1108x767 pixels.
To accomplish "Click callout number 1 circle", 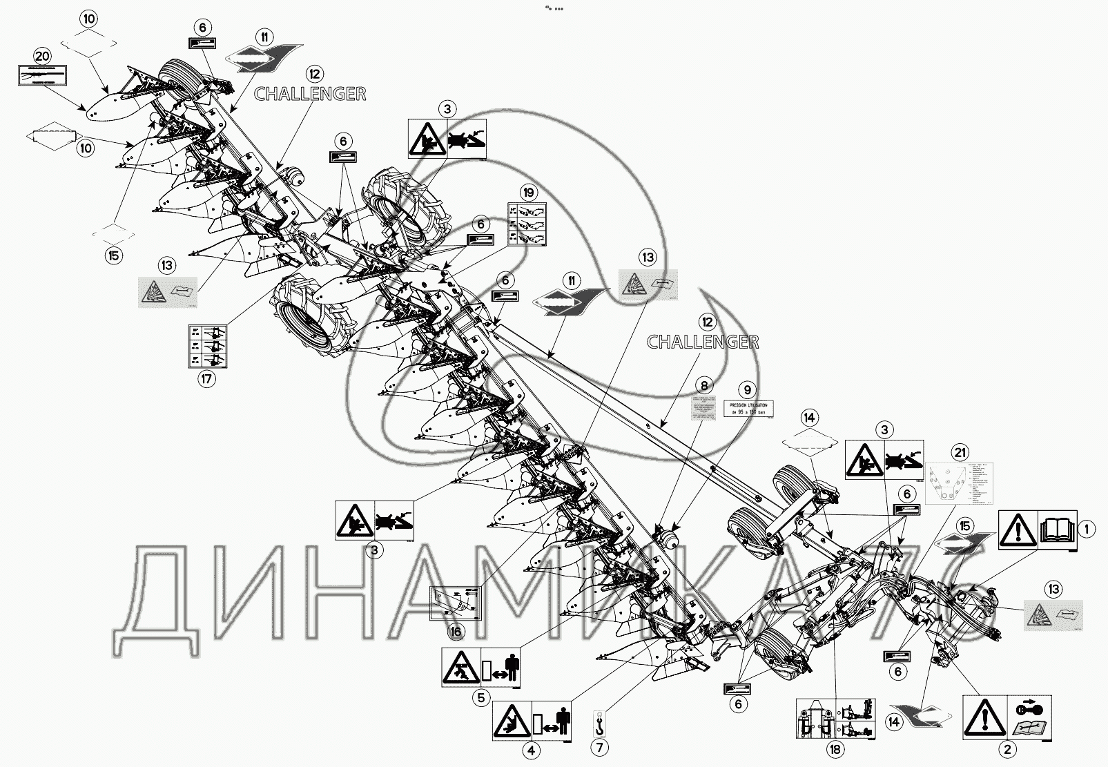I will [x=1087, y=530].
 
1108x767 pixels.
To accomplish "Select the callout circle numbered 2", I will [x=1007, y=749].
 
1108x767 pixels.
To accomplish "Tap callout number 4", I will [x=531, y=750].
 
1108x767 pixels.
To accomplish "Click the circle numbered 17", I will [x=206, y=378].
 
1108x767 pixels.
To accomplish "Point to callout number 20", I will [x=42, y=56].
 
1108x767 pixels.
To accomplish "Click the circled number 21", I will [x=960, y=453].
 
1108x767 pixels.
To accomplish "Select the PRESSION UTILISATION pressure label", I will [x=748, y=408].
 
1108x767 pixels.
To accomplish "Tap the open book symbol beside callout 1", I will [x=1057, y=530].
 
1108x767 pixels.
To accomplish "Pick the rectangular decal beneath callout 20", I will [x=41, y=75].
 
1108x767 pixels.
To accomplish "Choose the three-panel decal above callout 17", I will [x=206, y=345].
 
